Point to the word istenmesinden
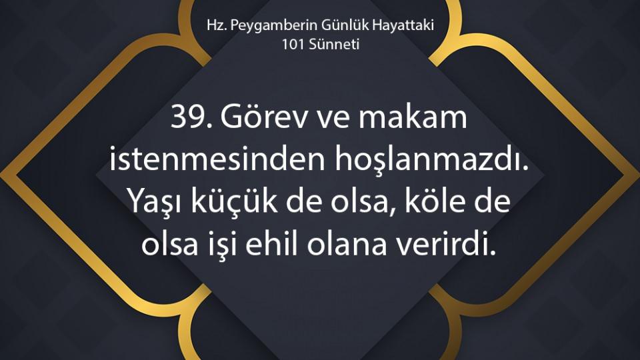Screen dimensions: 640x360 click(x=217, y=159)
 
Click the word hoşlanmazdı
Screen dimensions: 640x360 click(x=432, y=161)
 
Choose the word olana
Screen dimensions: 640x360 click(x=347, y=244)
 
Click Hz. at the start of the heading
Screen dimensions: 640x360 click(x=215, y=25)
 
